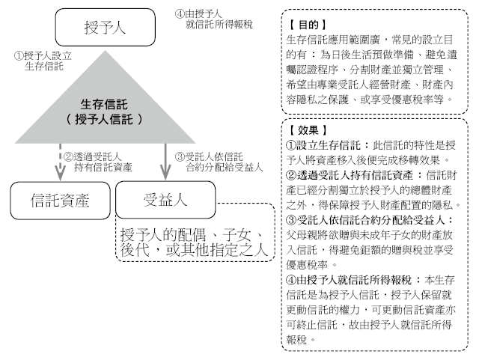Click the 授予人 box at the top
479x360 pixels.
coord(105,27)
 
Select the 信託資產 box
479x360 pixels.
coord(60,201)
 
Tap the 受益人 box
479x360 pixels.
coord(165,200)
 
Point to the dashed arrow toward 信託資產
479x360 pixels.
coord(60,162)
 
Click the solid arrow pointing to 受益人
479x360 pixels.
coord(165,162)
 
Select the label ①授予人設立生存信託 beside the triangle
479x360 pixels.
coord(43,61)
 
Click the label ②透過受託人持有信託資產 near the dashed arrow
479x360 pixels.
coord(98,162)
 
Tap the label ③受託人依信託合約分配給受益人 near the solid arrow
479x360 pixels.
coord(219,162)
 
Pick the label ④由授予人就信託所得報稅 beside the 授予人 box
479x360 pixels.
coord(214,19)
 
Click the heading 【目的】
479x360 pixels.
coord(308,25)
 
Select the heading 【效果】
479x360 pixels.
coord(308,130)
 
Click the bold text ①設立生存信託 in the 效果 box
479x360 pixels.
coord(323,145)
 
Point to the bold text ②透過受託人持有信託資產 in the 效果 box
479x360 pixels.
coord(350,175)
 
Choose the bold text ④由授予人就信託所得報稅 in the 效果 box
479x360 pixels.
coord(349,280)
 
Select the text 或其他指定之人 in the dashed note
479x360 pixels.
coord(217,250)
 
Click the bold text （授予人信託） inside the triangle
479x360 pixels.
coord(104,119)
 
